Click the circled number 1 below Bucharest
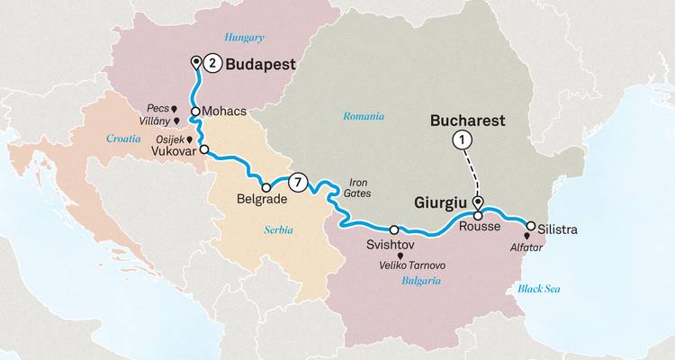click(x=462, y=139)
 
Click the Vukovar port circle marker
click(x=204, y=149)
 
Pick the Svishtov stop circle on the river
click(x=394, y=229)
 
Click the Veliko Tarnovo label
click(x=413, y=265)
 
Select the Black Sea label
click(x=539, y=289)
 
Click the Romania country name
click(x=364, y=116)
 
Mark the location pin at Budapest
click(x=196, y=61)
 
